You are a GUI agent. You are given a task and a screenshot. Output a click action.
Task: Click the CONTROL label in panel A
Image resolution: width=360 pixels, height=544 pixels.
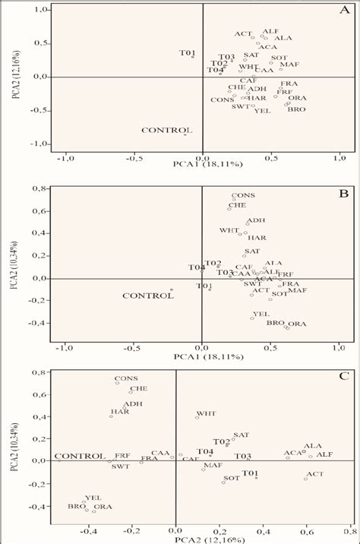(166, 131)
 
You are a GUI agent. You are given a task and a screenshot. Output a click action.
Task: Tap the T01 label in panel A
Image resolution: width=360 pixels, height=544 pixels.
(187, 52)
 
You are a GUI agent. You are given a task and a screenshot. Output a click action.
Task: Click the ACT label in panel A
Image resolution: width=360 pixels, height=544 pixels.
(243, 33)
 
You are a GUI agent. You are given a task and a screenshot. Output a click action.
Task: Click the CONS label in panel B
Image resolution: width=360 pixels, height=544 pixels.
(243, 195)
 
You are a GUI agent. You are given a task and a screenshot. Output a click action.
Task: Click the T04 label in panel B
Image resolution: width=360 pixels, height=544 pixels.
(197, 267)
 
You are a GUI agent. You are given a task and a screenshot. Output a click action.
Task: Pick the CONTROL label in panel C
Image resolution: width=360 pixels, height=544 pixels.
(80, 456)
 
